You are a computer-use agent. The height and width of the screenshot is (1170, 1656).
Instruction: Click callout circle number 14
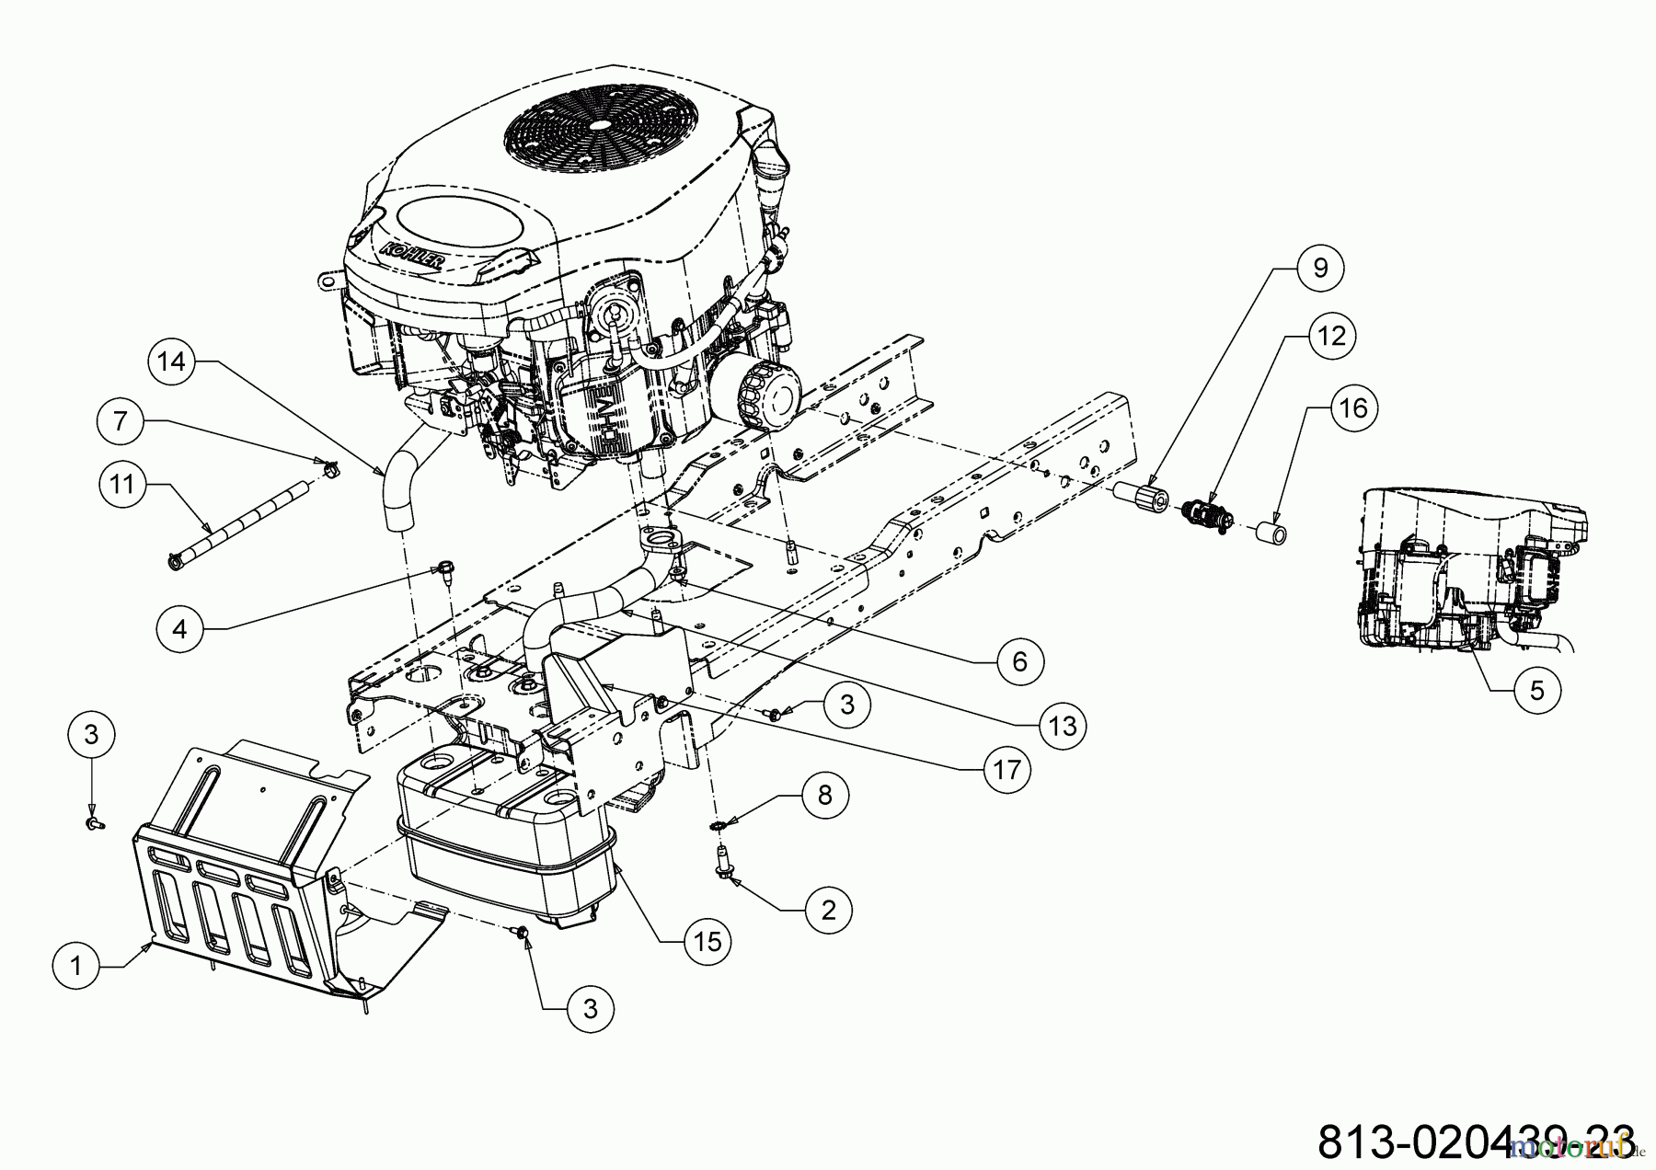[171, 361]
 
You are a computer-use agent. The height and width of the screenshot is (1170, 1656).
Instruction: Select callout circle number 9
[1321, 268]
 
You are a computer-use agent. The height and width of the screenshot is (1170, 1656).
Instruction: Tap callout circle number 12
[1331, 336]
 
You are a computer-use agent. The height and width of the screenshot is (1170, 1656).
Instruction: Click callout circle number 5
[1537, 689]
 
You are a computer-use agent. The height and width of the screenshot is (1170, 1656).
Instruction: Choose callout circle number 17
[1007, 768]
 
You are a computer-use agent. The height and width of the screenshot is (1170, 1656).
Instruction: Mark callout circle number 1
[76, 965]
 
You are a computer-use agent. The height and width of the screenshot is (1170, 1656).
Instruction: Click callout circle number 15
[707, 940]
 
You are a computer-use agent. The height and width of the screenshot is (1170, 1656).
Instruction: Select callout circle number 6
[1019, 660]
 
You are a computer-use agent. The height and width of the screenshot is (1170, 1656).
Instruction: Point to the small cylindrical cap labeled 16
[1272, 533]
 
